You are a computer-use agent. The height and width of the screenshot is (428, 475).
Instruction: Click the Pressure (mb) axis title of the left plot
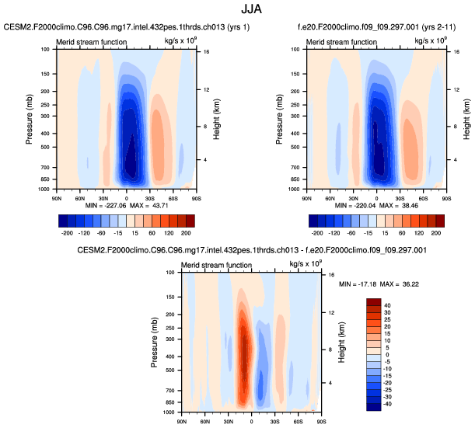click(28, 119)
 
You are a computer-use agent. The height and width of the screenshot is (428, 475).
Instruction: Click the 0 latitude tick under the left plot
click(127, 197)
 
